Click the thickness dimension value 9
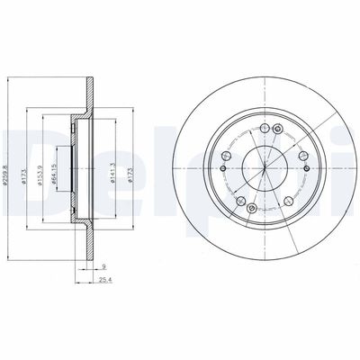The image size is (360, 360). point(104,267)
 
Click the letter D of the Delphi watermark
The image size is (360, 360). point(27,153)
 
